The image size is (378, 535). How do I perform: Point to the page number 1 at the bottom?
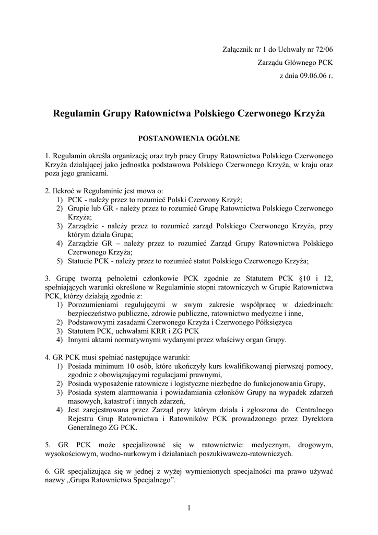[188, 508]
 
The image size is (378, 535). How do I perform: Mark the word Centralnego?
[314, 410]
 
